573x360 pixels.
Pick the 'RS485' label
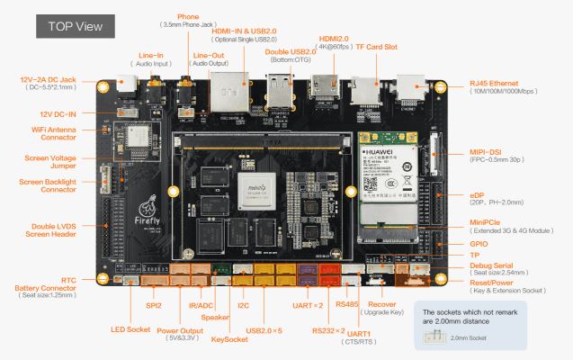pyautogui.click(x=346, y=305)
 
